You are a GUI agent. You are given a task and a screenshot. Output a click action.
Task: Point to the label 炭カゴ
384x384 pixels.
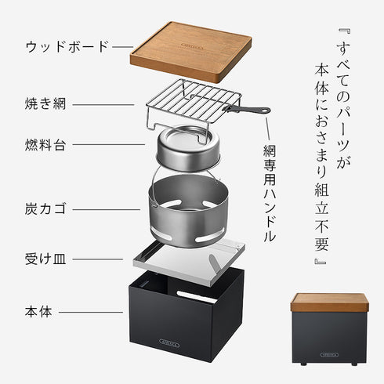click(x=45, y=209)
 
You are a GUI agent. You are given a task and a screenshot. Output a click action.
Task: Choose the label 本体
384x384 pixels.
click(x=37, y=311)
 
